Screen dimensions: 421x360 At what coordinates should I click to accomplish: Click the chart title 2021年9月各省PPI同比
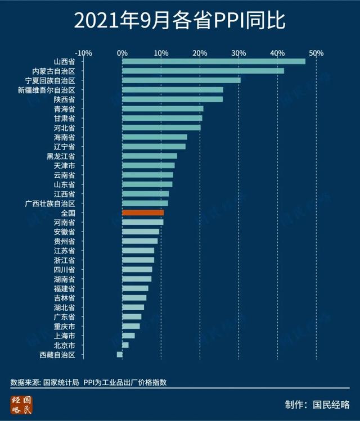tap(179, 21)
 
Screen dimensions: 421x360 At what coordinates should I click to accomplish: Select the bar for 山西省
tap(214, 61)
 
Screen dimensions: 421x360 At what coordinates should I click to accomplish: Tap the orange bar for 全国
tap(143, 212)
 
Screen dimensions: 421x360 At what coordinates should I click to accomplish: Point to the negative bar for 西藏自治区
tap(119, 354)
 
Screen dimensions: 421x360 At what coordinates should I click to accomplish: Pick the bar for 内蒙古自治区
tap(203, 71)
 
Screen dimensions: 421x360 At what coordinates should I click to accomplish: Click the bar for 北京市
tap(125, 345)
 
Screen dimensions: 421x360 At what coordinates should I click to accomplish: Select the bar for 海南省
tap(155, 137)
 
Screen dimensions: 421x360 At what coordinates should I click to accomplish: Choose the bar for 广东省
tap(132, 316)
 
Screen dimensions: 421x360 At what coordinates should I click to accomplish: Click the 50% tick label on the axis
tap(316, 53)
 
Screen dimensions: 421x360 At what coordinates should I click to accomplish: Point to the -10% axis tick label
tap(83, 53)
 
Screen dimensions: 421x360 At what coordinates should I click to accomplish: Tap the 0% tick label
tap(122, 53)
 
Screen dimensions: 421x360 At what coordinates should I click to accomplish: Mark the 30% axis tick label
tap(238, 53)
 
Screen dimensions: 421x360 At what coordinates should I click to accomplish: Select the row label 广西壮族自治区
tap(54, 203)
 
